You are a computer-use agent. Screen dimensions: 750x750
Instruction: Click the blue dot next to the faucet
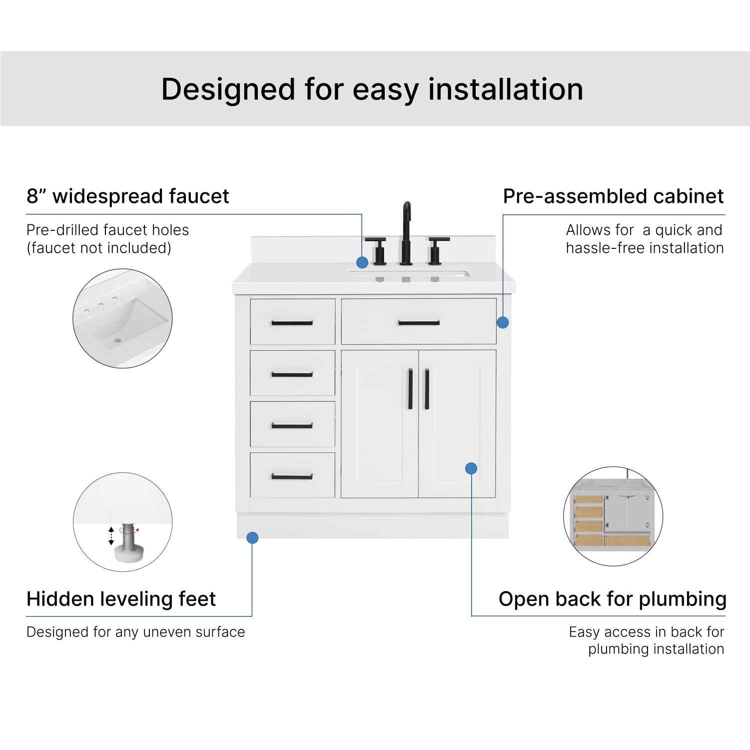click(362, 262)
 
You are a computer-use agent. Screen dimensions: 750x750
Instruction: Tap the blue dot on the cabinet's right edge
click(503, 323)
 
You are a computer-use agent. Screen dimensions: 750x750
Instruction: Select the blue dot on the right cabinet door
click(471, 468)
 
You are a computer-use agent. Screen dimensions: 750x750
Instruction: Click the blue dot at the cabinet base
click(252, 538)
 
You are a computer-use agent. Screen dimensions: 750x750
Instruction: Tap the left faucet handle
click(378, 250)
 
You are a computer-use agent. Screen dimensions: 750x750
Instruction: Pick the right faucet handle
click(437, 250)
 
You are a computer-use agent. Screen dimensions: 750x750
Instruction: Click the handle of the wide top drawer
click(419, 323)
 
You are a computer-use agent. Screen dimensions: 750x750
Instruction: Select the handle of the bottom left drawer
click(292, 477)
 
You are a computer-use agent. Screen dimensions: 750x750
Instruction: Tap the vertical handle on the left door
click(410, 389)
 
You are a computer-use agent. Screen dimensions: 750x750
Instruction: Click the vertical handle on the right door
click(427, 389)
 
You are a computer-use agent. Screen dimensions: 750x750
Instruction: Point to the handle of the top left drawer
click(292, 323)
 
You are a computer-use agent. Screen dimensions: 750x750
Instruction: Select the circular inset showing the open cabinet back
click(613, 516)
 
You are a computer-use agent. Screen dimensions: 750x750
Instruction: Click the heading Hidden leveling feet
click(121, 599)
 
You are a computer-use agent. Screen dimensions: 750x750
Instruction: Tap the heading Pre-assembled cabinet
click(613, 196)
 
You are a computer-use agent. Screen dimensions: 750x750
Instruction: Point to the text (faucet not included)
click(99, 248)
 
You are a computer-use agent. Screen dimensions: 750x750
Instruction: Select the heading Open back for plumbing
click(612, 599)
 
